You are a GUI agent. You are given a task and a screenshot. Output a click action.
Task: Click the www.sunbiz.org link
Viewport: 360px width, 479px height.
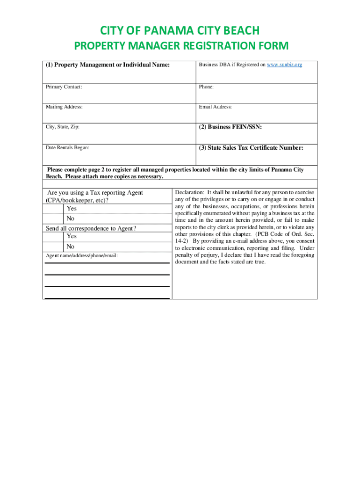(x=284, y=65)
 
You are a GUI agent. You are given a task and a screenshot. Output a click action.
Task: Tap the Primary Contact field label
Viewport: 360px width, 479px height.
(x=64, y=87)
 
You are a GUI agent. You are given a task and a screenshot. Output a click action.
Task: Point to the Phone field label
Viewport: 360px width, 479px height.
(x=206, y=87)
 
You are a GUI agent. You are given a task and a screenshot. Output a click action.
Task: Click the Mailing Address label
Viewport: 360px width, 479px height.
(x=64, y=107)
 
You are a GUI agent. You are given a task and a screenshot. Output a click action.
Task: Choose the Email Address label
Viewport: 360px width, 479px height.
(x=215, y=107)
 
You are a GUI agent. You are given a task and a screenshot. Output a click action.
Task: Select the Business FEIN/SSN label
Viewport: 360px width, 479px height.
(x=230, y=127)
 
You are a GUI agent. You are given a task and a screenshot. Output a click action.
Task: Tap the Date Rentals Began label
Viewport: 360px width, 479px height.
(x=67, y=148)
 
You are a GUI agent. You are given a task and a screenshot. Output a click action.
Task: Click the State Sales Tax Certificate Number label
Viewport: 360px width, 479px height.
(x=251, y=148)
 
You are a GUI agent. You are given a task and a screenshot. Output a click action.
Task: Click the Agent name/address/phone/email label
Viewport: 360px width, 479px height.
(x=82, y=256)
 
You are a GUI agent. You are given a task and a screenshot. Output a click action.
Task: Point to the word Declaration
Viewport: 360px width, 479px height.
(x=189, y=192)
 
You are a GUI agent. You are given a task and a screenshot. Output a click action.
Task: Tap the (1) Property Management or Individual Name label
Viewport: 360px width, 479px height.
(x=107, y=65)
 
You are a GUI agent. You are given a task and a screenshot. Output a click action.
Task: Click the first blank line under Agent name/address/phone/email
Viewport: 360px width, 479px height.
(x=107, y=262)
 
